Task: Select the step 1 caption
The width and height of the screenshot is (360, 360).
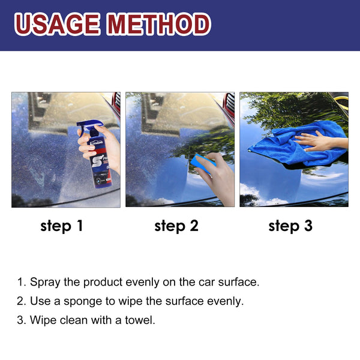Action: click(62, 226)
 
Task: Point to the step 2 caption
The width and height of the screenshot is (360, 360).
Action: click(176, 226)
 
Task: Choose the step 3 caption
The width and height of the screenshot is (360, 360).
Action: click(290, 226)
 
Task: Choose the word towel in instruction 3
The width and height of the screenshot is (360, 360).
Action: click(139, 320)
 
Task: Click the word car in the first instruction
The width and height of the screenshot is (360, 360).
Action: click(203, 282)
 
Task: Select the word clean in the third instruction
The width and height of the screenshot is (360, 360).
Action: click(73, 320)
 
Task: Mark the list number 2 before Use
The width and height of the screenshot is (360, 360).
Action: click(21, 301)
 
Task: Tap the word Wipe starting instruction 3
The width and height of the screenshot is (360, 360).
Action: click(43, 320)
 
